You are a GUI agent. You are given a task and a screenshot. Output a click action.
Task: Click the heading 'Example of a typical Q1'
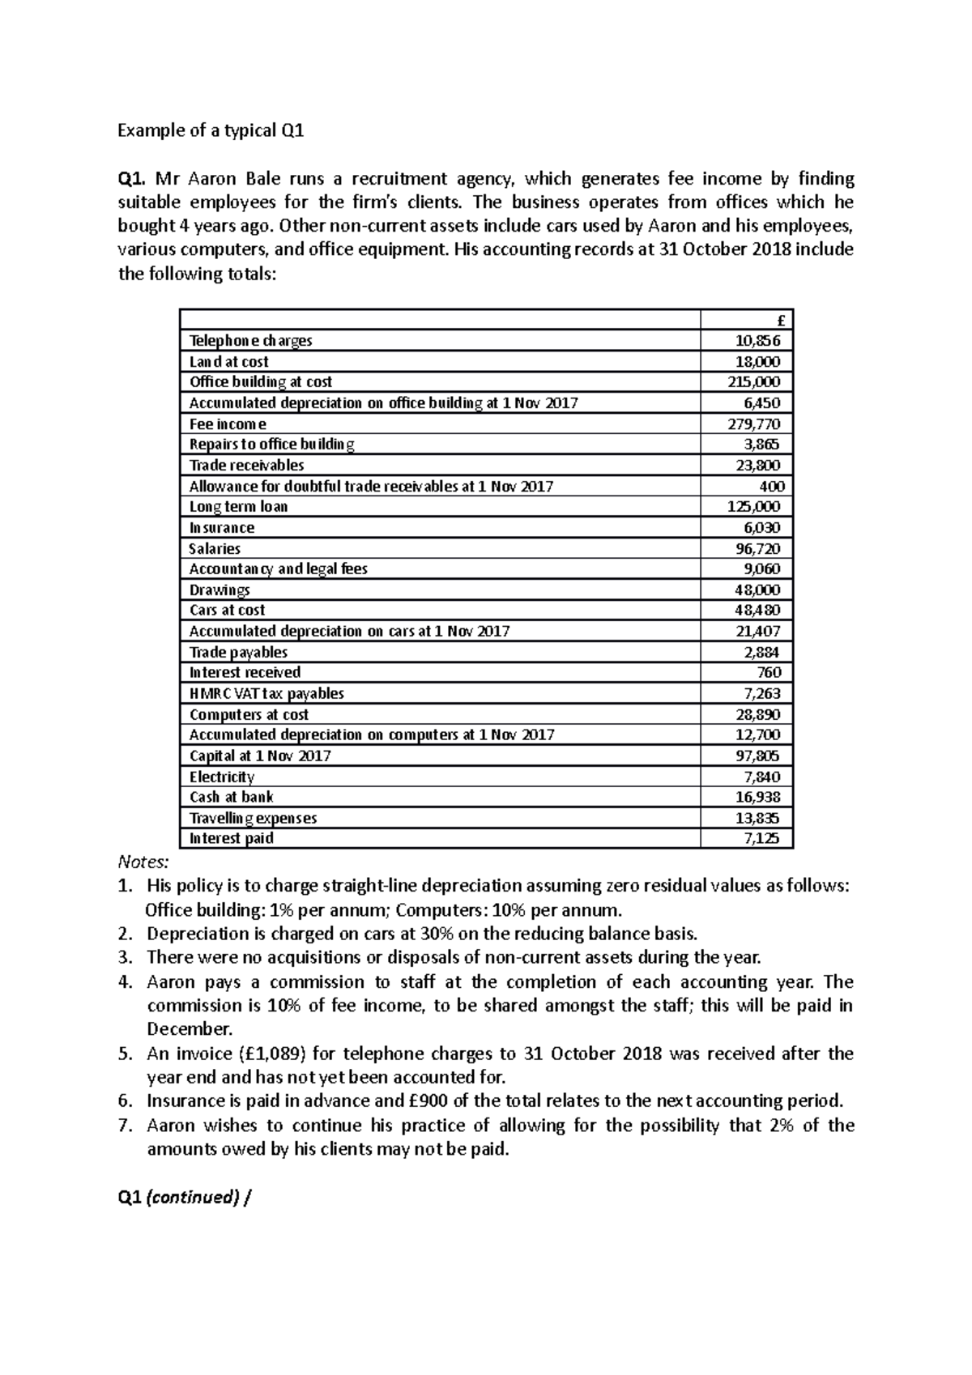(211, 130)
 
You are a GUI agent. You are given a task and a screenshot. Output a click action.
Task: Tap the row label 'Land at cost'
(228, 362)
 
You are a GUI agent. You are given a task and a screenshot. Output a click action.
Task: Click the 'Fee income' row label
(228, 424)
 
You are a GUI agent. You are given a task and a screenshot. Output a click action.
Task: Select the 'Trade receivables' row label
(246, 466)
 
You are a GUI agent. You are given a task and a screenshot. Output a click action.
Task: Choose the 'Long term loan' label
(238, 507)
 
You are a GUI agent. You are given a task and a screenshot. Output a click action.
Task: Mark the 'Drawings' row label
(219, 590)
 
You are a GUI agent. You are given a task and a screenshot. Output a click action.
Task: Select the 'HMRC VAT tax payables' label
(266, 694)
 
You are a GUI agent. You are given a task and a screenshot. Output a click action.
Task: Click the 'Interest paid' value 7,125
(761, 839)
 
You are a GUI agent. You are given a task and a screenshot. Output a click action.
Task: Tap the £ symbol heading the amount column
(781, 321)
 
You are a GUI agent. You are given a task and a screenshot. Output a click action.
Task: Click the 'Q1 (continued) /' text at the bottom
(185, 1198)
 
